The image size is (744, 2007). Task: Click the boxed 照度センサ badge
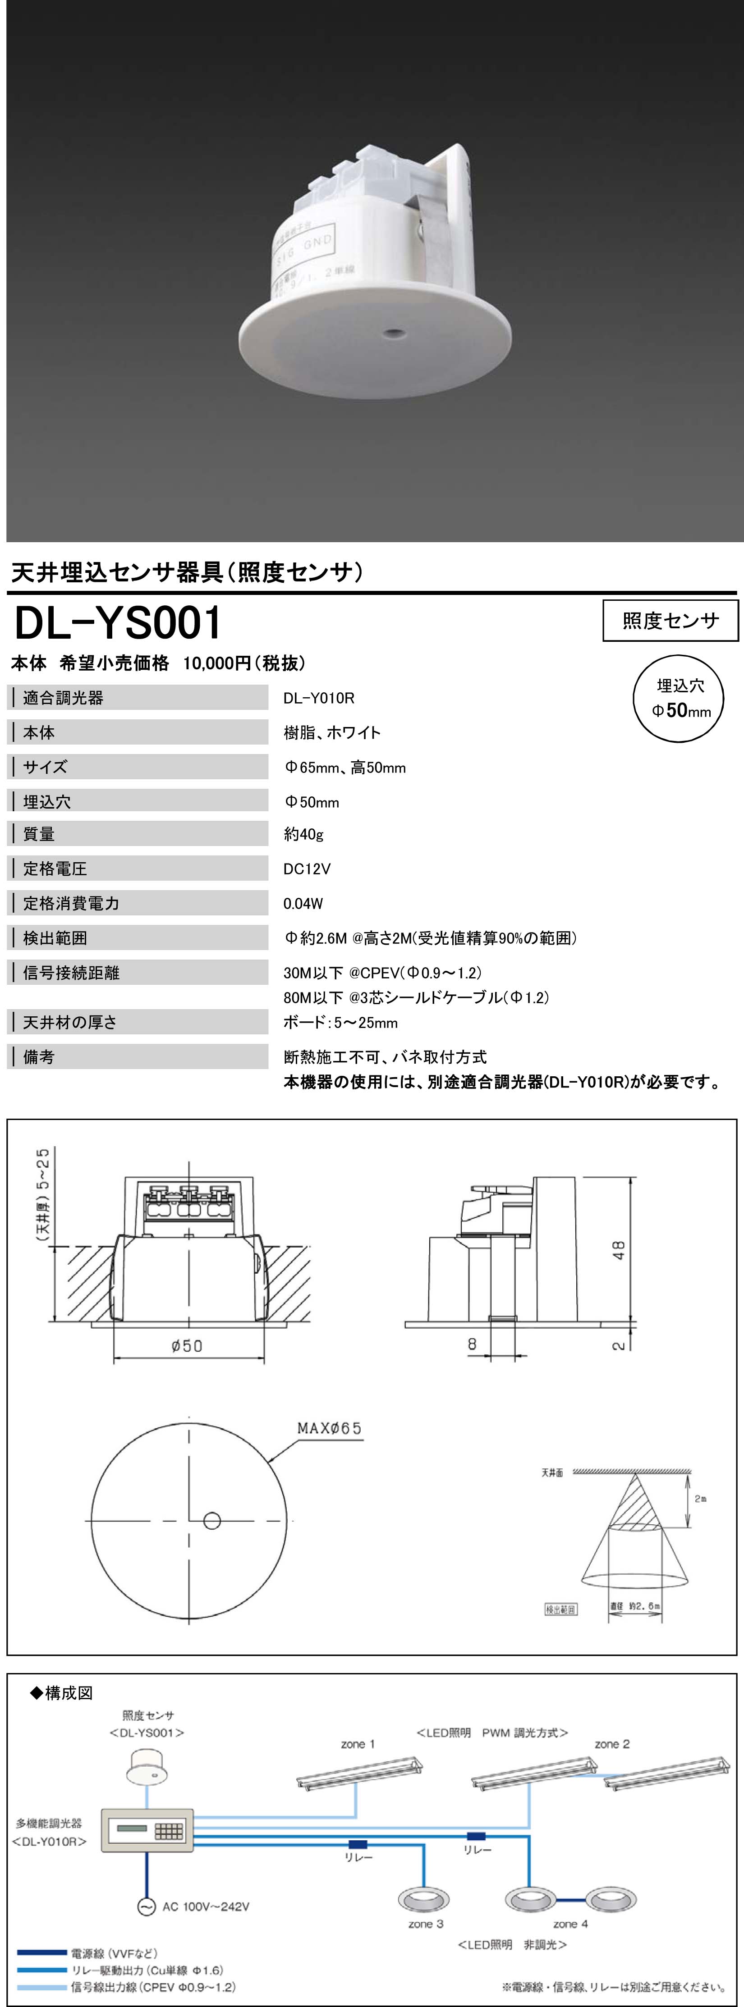670,621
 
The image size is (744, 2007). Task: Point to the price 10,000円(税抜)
244,663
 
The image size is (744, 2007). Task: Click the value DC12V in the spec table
307,869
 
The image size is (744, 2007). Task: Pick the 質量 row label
39,834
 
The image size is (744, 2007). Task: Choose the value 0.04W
303,904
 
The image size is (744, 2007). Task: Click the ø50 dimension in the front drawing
187,1345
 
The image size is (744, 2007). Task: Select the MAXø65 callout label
330,1428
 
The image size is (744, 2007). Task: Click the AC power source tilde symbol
146,1906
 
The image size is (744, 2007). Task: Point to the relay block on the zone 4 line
476,1836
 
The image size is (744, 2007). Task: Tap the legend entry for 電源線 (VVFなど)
114,1953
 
